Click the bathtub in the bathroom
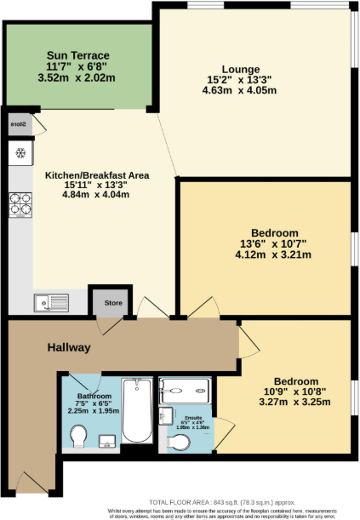(137, 411)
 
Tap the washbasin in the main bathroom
(107, 439)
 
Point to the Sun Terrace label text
(79, 56)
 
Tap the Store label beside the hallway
(113, 302)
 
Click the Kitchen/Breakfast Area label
(97, 175)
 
